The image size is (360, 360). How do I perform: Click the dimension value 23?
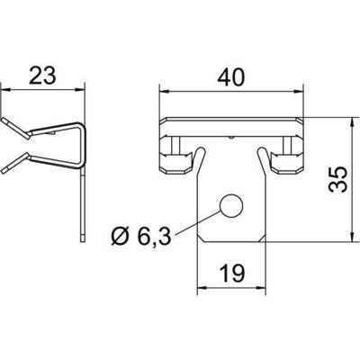point(42,76)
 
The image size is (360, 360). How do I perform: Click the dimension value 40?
point(231,77)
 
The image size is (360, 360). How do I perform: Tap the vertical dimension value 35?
point(337,179)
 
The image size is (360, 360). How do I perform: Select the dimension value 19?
point(232,274)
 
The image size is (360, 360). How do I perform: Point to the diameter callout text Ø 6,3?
point(141,236)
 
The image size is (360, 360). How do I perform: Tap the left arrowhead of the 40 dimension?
point(163,92)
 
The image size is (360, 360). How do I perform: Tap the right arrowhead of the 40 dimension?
point(298,92)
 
